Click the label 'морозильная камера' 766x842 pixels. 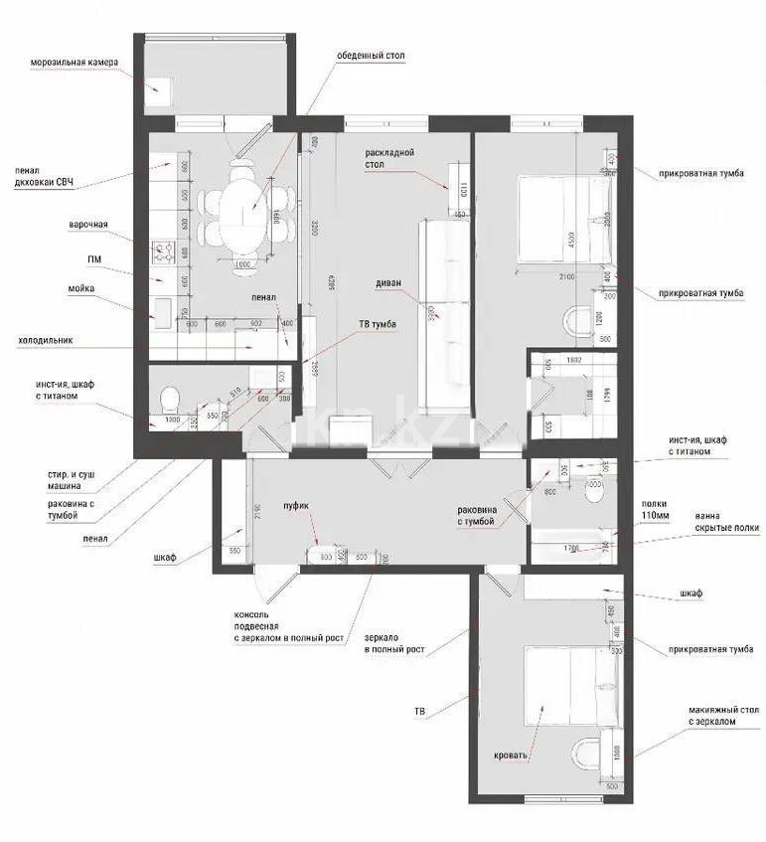pos(75,62)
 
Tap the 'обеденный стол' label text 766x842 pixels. pos(371,55)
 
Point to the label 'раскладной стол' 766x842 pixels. pos(388,158)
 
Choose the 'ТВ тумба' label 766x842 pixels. pos(378,324)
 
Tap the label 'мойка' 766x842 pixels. pos(81,288)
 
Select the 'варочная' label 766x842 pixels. pos(87,225)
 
